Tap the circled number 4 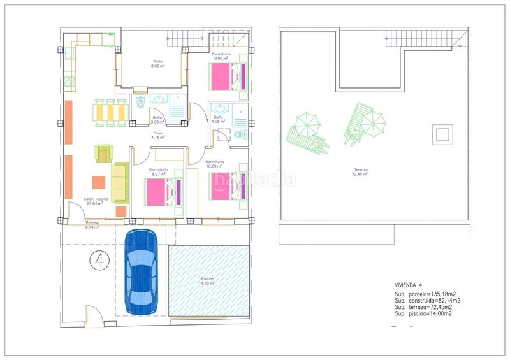click(98, 261)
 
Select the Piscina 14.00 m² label click(207, 281)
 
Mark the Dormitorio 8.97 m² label click(159, 171)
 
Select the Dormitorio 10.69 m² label click(216, 164)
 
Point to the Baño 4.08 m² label click(218, 119)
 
